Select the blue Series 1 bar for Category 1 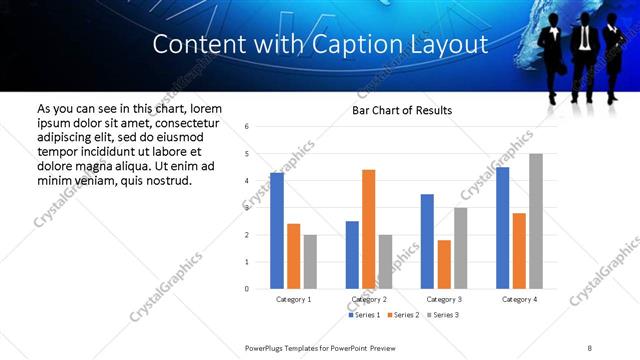pos(277,231)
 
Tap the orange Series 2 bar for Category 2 pos(368,229)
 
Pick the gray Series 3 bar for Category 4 pos(536,221)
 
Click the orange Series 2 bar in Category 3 pos(444,264)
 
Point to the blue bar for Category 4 pos(502,228)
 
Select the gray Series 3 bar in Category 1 pos(310,262)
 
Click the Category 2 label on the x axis pos(368,299)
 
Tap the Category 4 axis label pos(519,299)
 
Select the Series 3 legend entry pos(444,315)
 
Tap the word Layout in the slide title pos(450,44)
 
